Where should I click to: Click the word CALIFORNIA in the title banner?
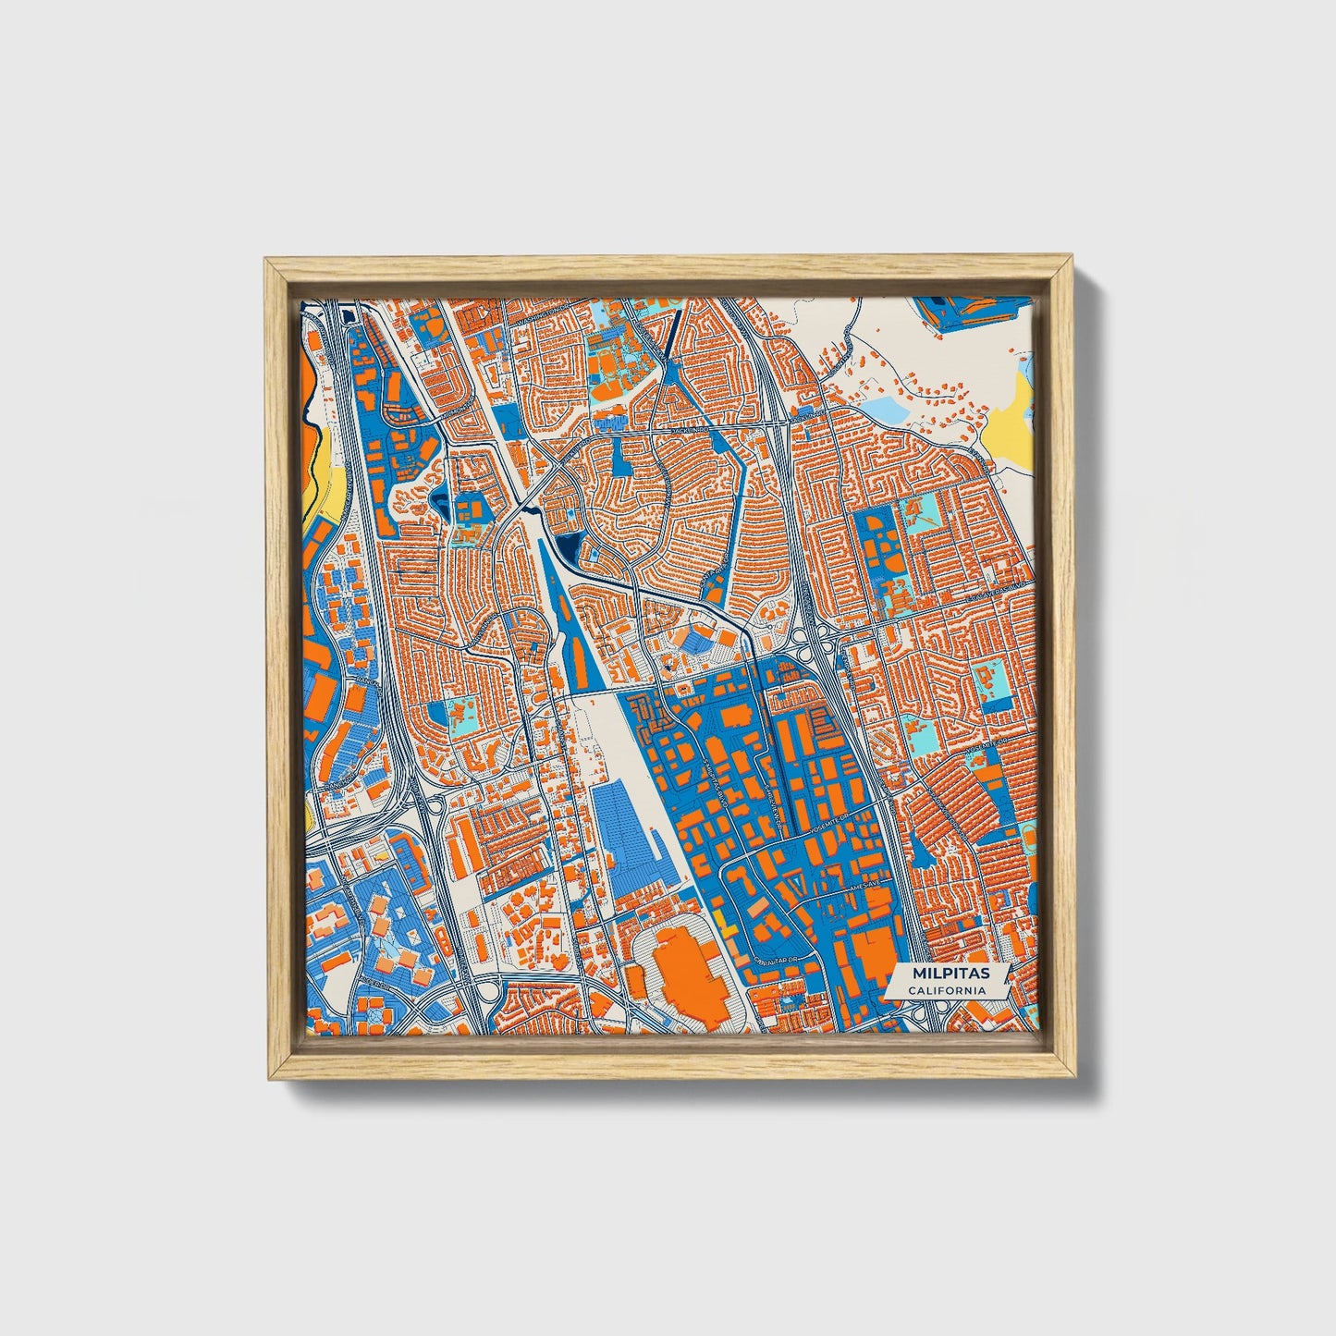945,990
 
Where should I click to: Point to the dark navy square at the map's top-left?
348,317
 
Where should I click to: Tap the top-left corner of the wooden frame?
266,260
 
